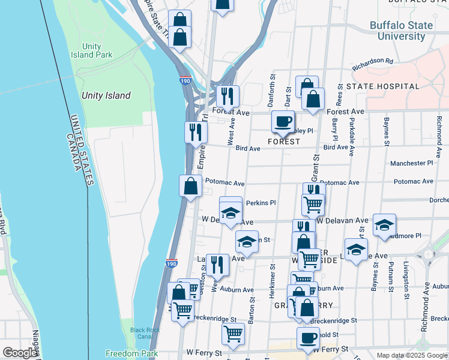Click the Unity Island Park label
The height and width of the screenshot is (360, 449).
coord(97,50)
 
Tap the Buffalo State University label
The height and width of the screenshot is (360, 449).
coord(401,31)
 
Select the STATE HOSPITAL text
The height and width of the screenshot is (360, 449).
coord(383,86)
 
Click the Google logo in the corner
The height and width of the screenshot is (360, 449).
coord(20,353)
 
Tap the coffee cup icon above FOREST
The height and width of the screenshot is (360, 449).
coord(283,122)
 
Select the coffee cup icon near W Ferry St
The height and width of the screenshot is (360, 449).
coord(308,338)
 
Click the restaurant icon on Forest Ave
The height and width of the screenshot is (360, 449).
coord(228,96)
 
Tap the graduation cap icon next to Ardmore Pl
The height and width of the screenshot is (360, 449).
coord(384,226)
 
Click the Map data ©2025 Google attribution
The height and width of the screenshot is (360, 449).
coord(412,355)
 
